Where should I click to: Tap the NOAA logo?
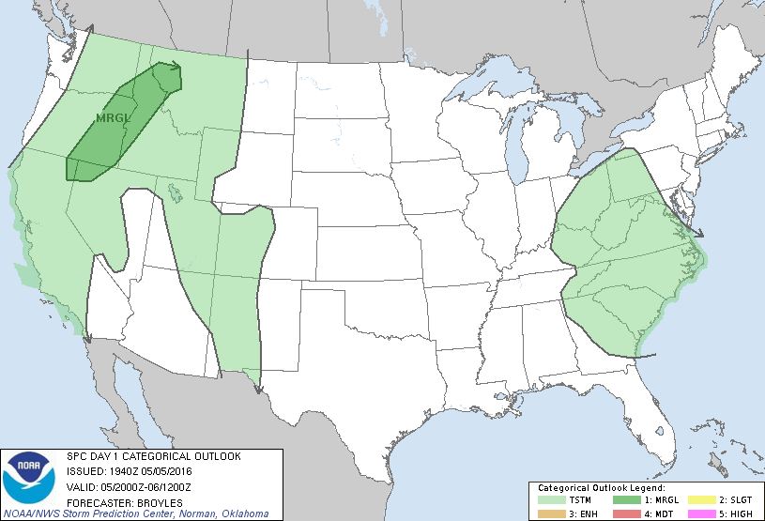coord(29,476)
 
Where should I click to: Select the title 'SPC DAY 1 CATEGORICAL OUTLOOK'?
coord(154,456)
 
